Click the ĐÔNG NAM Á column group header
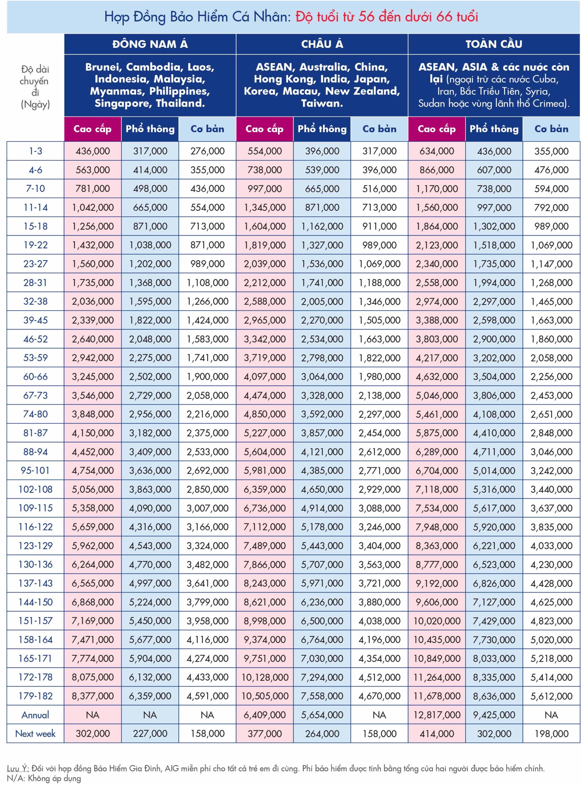point(150,44)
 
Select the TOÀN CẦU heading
point(494,44)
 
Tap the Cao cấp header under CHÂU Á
point(264,129)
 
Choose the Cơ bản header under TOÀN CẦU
point(552,129)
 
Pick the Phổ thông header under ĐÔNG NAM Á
point(150,129)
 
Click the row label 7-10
point(36,189)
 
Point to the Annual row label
point(36,715)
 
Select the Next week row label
point(36,734)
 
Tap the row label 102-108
point(36,489)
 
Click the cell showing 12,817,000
point(437,715)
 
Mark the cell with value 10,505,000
point(265,696)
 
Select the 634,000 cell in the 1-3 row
point(437,151)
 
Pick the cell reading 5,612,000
point(552,696)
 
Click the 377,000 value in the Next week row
point(265,734)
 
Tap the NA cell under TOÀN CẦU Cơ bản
point(552,715)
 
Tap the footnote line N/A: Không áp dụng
point(44,778)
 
